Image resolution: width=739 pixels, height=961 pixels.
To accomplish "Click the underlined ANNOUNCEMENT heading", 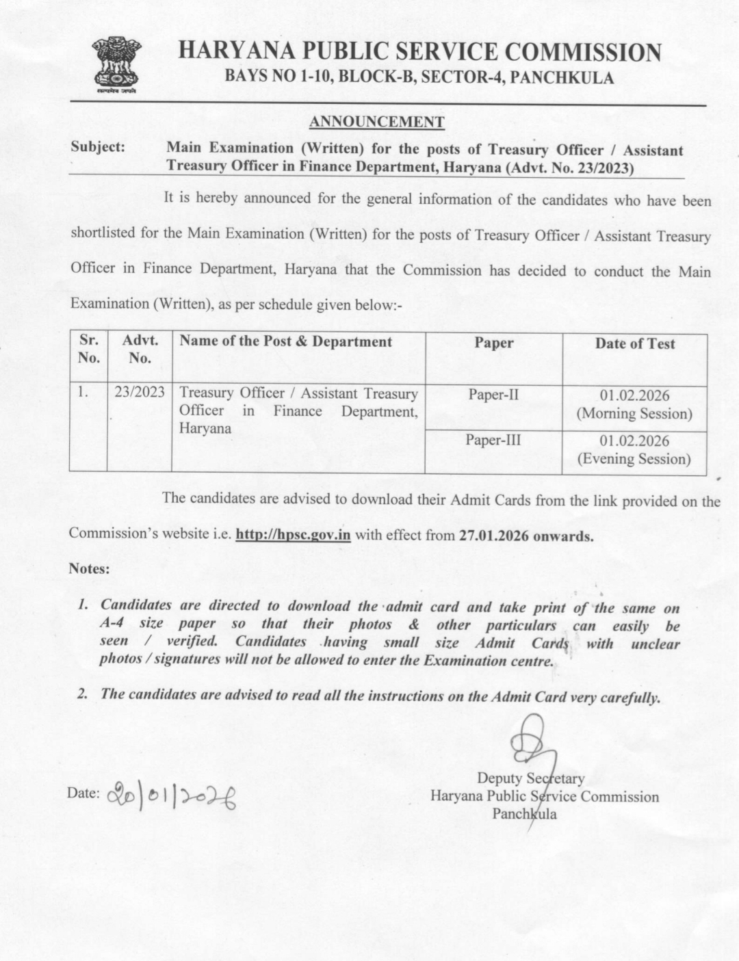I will point(376,122).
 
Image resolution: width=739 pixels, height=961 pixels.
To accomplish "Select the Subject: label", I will point(98,147).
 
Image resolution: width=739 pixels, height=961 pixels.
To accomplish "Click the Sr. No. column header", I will point(88,349).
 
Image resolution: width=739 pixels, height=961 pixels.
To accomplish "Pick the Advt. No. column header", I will point(140,349).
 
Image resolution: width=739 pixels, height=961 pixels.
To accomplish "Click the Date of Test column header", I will point(634,344).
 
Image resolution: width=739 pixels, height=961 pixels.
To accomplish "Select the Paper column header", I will point(493,343).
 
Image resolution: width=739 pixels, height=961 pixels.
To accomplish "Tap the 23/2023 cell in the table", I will point(140,393).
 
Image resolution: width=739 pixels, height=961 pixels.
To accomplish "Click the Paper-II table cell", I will point(493,395).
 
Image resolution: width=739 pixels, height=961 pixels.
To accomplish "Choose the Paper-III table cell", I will point(493,440).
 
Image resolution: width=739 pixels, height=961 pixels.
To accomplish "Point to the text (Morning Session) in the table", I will point(634,414).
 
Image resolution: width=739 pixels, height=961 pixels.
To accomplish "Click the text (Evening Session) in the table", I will point(634,459).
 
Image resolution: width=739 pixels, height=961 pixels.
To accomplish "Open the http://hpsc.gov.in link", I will point(293,535).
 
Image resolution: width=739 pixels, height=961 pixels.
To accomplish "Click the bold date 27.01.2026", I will point(493,536).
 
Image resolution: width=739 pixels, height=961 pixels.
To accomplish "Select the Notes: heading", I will point(89,568).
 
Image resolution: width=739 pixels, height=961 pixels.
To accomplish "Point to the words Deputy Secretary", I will point(530,778).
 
